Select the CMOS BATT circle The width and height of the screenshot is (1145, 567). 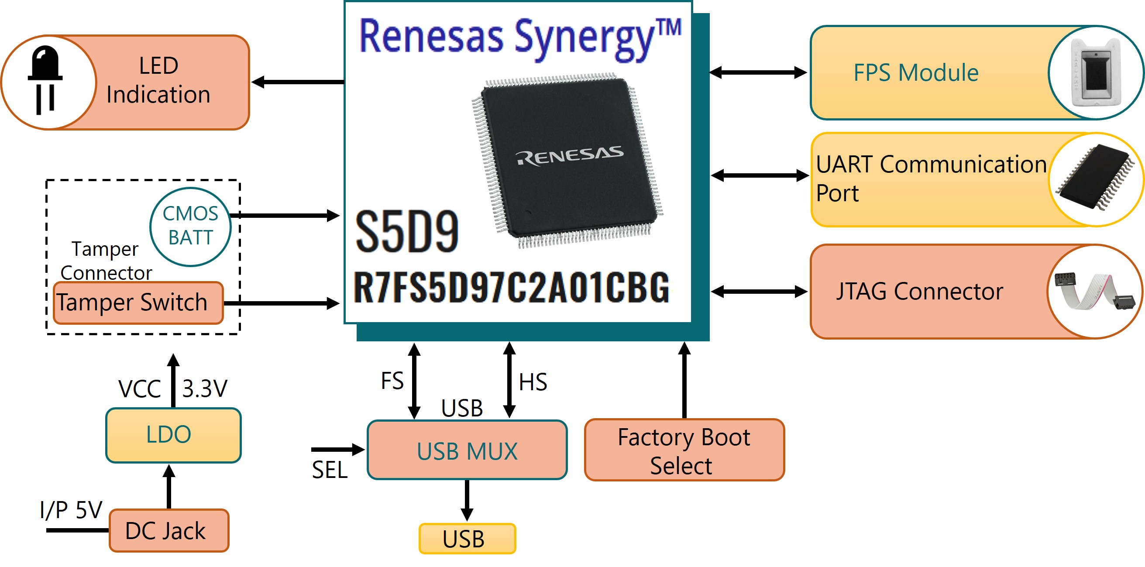(190, 227)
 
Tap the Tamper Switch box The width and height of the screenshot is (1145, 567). (138, 302)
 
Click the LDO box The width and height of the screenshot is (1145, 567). (173, 435)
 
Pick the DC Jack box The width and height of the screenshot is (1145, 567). (169, 530)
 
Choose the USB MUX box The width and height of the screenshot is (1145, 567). (467, 450)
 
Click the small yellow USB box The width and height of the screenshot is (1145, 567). (467, 539)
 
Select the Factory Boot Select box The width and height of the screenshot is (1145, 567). (684, 450)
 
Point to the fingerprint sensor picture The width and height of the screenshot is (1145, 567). (1096, 73)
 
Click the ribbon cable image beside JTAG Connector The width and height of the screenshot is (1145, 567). (1095, 291)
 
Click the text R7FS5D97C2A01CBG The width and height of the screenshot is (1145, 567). (511, 287)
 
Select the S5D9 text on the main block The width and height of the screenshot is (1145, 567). (407, 231)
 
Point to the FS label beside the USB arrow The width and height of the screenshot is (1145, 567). (392, 381)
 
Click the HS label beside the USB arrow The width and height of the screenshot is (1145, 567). (533, 382)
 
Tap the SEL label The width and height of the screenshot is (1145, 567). (330, 470)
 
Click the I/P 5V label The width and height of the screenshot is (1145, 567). (71, 509)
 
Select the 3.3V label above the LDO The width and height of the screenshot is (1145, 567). (205, 389)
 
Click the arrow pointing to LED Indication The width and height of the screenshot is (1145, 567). (298, 82)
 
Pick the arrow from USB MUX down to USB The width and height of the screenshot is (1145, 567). (467, 500)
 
